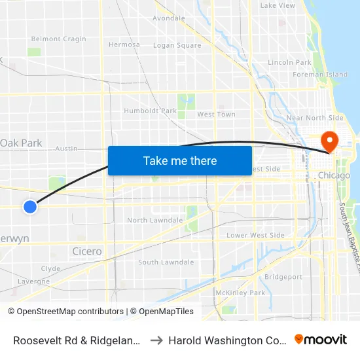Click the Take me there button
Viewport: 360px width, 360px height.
180,160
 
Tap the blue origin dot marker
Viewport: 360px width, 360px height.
29,207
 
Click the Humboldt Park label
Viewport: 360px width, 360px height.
151,111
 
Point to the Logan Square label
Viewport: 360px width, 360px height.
177,45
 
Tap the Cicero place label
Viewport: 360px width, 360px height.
87,251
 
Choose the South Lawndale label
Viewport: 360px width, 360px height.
166,262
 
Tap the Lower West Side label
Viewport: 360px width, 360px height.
255,235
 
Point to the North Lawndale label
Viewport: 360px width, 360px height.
155,220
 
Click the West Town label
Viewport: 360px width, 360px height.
216,115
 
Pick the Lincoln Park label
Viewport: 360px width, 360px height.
289,62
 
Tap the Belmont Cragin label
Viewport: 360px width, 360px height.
59,39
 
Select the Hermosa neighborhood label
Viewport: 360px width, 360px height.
124,45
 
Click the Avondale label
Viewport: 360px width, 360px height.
169,18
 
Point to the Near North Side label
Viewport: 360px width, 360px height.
315,118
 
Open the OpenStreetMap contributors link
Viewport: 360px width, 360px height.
69,312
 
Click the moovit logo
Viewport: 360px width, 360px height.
321,340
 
